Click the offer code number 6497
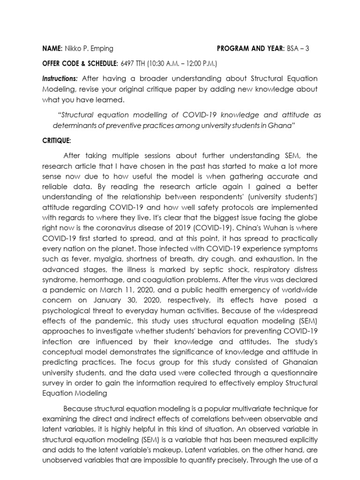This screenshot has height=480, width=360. pos(128,63)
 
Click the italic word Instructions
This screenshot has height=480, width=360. pos(60,78)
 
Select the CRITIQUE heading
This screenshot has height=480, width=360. pos(57,140)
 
